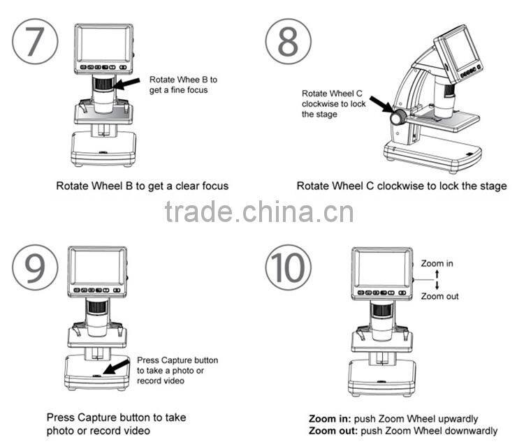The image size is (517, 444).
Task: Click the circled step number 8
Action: click(287, 41)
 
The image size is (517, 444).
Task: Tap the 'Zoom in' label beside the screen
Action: click(437, 264)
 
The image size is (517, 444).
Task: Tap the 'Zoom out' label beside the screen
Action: click(439, 296)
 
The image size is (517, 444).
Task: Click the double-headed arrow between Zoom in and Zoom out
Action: click(437, 280)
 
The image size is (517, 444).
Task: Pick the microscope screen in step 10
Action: click(381, 267)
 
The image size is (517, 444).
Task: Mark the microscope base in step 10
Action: click(381, 377)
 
